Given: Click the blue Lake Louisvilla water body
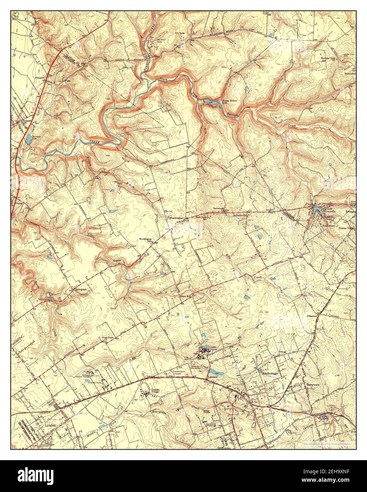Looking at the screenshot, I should (x=316, y=210).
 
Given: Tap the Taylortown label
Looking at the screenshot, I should (x=219, y=208).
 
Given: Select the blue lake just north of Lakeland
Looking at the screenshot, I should (x=216, y=372).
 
